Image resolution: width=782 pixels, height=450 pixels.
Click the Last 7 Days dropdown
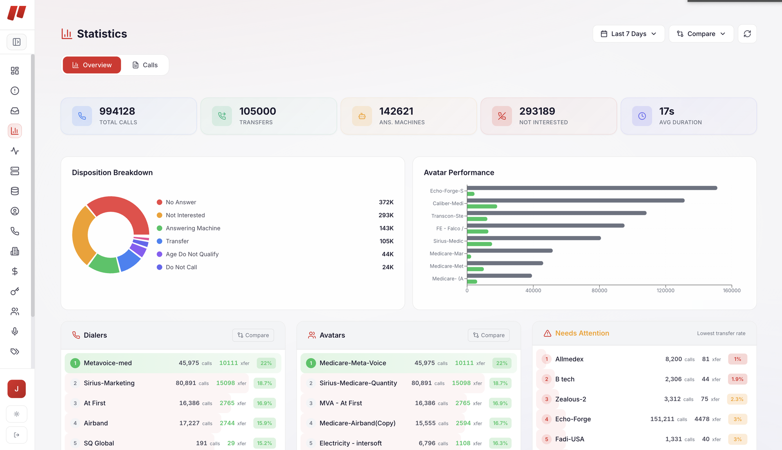(628, 34)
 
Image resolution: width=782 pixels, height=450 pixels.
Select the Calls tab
(145, 65)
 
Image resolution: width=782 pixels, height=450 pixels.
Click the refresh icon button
(747, 34)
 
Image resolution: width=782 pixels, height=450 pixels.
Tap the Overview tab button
(92, 65)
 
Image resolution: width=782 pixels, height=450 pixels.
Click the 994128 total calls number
(117, 111)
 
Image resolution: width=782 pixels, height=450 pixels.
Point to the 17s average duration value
(667, 111)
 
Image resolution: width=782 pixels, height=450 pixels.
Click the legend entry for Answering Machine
(193, 228)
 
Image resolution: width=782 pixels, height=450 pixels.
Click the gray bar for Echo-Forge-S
(591, 188)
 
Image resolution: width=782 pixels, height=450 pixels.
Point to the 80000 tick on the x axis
(599, 290)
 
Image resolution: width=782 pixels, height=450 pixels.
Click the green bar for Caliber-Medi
(482, 206)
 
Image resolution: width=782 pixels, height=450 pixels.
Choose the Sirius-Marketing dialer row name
(109, 383)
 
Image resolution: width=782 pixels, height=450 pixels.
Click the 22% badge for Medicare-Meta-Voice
(502, 363)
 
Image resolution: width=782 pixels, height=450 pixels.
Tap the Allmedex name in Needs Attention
(569, 359)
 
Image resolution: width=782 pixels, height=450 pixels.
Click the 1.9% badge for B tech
(737, 379)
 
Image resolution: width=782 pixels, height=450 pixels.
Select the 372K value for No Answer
(386, 202)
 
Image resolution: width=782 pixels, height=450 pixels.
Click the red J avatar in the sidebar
(16, 389)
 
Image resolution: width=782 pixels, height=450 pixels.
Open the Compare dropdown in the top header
(701, 34)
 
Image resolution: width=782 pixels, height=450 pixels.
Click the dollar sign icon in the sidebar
(15, 271)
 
